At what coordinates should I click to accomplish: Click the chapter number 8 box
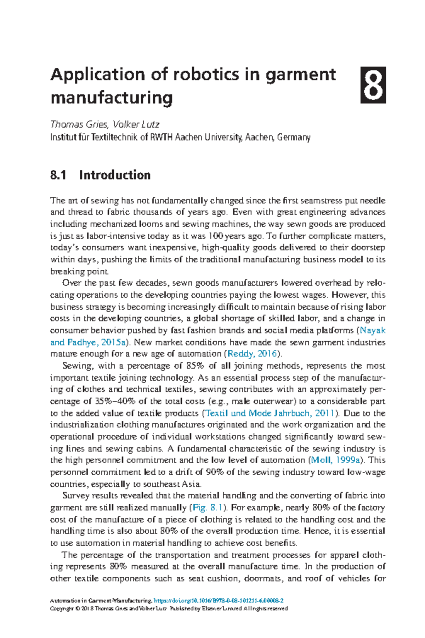[x=373, y=85]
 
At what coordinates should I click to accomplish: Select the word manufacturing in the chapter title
[x=112, y=98]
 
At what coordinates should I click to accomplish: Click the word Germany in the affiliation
[x=294, y=138]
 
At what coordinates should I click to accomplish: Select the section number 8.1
[x=58, y=175]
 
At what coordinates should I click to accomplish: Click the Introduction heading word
[x=115, y=175]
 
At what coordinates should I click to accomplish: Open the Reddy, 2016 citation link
[x=252, y=354]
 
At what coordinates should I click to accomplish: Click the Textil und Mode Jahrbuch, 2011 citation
[x=270, y=413]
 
